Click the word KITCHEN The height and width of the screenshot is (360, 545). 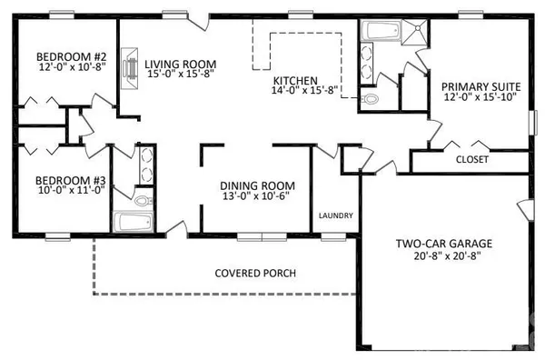293,80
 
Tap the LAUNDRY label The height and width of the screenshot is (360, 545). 335,215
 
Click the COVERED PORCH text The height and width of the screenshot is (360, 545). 254,273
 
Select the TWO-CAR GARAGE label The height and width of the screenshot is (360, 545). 443,244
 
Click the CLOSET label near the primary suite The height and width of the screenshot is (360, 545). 471,159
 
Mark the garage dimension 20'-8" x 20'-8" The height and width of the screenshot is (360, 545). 443,257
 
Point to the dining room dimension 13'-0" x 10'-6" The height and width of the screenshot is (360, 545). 254,196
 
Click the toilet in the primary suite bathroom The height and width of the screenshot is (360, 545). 369,97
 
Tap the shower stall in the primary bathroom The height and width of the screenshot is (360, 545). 414,32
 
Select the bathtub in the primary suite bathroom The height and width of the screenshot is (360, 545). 378,33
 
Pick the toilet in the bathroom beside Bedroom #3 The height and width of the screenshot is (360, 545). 144,198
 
